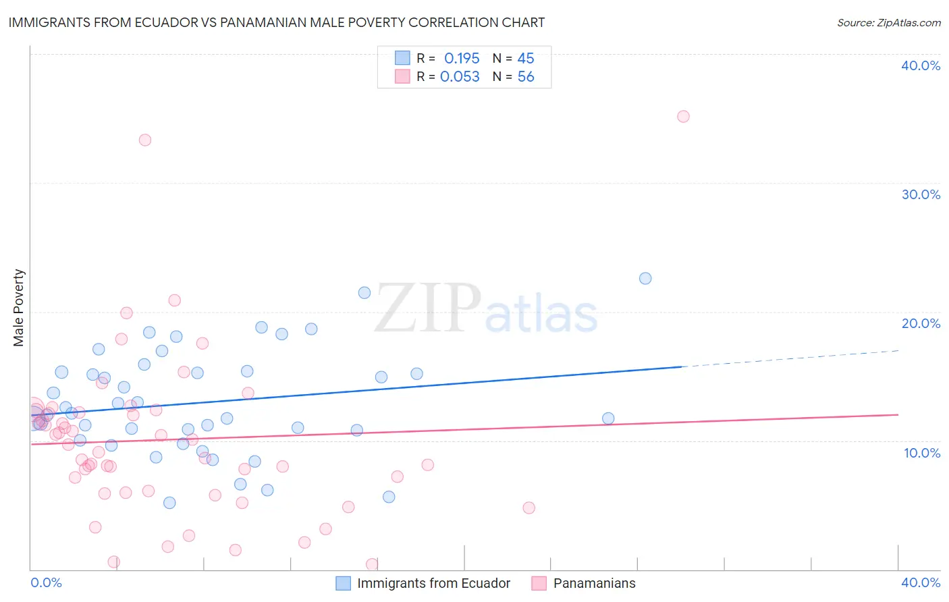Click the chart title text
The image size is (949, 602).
tap(277, 22)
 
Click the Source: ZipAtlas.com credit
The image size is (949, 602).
tap(888, 22)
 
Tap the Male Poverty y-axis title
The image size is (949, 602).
tap(19, 308)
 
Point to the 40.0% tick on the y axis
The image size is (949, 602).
tap(920, 65)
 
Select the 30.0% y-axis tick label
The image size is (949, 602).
tap(920, 194)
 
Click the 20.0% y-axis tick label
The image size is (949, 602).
tap(920, 323)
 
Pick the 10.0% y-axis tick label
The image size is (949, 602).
tap(921, 453)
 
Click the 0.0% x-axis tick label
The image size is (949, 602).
tap(46, 582)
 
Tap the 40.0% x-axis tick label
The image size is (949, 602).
tap(921, 582)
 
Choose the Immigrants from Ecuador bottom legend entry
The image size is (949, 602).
tap(433, 583)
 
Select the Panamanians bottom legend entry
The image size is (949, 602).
tap(593, 583)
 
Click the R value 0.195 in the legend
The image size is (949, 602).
tap(462, 58)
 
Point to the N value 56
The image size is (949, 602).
tap(526, 77)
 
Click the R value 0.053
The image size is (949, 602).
tap(460, 77)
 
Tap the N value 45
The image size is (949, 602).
tap(526, 58)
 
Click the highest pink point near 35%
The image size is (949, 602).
tap(683, 116)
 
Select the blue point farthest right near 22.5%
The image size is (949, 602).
tap(645, 278)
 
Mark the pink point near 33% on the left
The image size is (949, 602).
tap(144, 140)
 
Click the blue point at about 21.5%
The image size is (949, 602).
tap(364, 292)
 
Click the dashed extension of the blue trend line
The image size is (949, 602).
tap(790, 359)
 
